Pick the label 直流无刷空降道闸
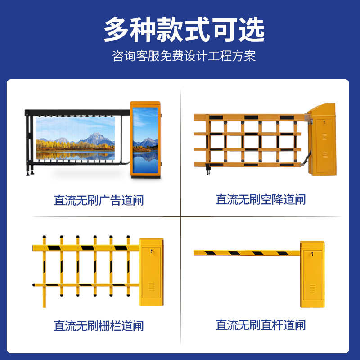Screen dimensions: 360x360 coord(261,199)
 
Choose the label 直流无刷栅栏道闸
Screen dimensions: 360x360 coord(99,325)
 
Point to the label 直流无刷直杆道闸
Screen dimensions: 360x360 coord(261,325)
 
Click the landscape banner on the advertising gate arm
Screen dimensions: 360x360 coord(75,137)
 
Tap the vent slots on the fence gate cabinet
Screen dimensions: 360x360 coord(151,286)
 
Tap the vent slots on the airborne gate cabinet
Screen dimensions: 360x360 coord(324,155)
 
